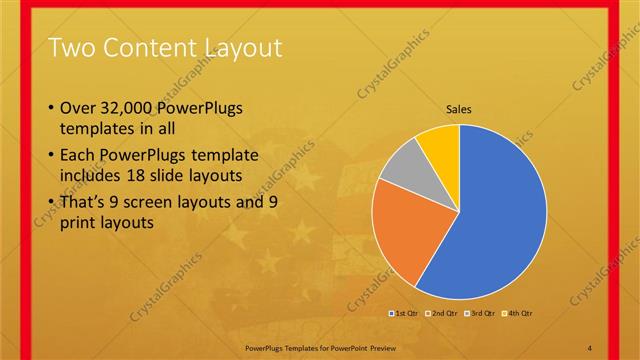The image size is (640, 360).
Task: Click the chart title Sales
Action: pyautogui.click(x=458, y=109)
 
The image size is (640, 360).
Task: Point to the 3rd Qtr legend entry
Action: pyautogui.click(x=480, y=313)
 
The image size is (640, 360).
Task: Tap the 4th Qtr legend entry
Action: pyautogui.click(x=517, y=313)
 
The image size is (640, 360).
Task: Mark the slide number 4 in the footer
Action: pyautogui.click(x=589, y=346)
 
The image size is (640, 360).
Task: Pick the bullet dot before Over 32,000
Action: pyautogui.click(x=51, y=107)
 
